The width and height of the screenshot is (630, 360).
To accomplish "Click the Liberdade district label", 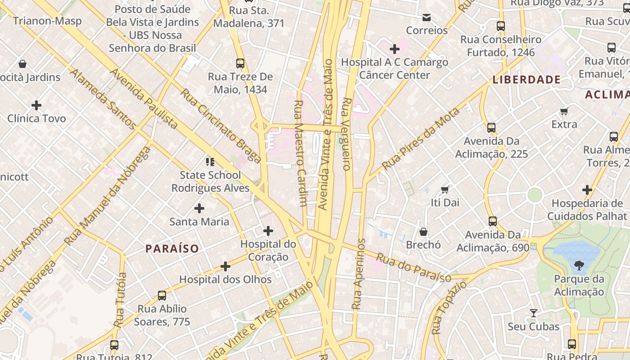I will coord(526,80).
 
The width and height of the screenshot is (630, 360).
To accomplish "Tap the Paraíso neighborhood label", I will coord(172,248).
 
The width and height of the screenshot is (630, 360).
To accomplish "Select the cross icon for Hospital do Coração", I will coord(268,231).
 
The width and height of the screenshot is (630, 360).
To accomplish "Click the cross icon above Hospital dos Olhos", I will coord(225,266).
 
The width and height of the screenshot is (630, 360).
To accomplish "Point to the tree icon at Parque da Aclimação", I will coord(579,265).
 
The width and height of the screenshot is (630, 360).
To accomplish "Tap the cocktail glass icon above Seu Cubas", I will coord(533,313).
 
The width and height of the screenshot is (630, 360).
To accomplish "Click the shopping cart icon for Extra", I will coord(564,111).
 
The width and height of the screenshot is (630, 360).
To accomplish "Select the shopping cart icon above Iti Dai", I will coord(445,189).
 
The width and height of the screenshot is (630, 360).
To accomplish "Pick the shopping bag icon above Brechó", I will coord(423,232).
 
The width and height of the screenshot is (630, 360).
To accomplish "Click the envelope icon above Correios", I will coord(427,18).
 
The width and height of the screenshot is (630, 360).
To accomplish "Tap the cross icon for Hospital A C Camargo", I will coord(395,49).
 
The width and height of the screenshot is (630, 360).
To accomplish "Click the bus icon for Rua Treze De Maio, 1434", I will coord(240,63).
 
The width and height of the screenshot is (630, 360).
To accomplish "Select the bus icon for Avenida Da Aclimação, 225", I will coord(491,128).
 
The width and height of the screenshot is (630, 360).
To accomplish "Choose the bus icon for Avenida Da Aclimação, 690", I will coord(493,221).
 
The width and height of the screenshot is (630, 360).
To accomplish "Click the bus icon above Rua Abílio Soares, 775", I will coord(162,296).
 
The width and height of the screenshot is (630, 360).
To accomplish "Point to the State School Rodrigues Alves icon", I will coord(210,162).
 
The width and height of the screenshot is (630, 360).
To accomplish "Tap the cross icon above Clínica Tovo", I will coord(36,105).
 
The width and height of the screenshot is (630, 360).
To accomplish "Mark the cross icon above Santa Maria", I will coord(199,208).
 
